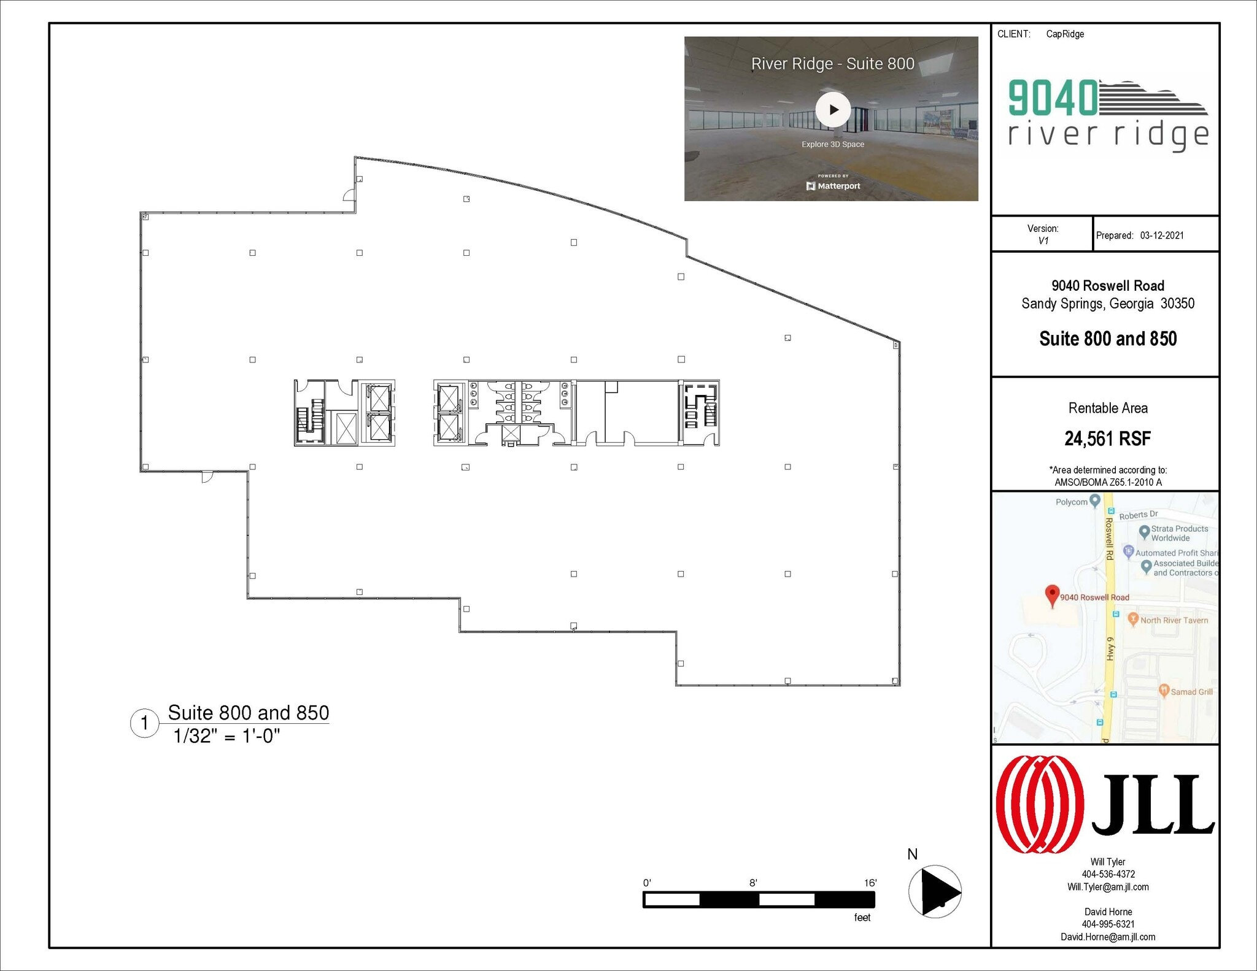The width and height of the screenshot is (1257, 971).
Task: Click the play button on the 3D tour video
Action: point(833,110)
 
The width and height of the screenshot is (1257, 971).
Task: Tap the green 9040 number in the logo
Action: point(1053,98)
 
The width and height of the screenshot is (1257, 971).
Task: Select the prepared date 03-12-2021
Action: point(1162,236)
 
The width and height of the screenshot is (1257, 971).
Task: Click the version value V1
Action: point(1043,240)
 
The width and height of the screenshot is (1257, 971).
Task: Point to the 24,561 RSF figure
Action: point(1107,439)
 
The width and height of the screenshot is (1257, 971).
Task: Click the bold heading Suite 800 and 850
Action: point(1107,339)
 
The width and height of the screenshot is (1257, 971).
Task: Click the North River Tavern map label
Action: point(1174,620)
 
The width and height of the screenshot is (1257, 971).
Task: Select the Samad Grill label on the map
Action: point(1191,692)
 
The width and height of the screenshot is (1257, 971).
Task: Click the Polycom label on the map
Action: point(1071,502)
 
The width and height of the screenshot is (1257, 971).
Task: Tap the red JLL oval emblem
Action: point(1039,804)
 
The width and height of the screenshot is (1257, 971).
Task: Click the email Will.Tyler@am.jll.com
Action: point(1107,887)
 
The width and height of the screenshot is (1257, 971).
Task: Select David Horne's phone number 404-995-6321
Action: point(1107,924)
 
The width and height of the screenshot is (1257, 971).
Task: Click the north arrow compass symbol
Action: point(935,891)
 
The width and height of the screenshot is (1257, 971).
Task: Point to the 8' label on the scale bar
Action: point(753,883)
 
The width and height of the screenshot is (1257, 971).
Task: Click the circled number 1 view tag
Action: point(145,723)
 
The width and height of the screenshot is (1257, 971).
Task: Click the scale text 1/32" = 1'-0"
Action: point(226,736)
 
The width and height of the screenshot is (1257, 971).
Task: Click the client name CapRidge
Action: point(1065,34)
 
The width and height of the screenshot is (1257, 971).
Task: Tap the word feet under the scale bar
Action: point(862,917)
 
